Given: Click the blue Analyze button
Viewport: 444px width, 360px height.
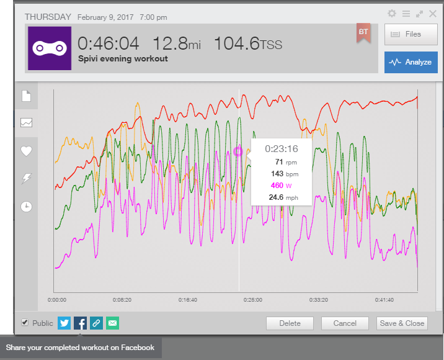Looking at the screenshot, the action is coord(411,62).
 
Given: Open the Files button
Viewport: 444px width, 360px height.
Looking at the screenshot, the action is coord(411,34).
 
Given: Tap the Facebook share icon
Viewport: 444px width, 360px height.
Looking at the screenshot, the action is coord(80,323).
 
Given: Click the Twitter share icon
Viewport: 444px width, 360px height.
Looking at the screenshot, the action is coord(64,323).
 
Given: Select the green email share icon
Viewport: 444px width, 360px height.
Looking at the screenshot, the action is coord(112,323).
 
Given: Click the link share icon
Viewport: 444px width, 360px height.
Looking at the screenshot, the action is coord(96,323).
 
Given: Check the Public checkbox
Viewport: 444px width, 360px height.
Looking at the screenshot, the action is coord(25,322).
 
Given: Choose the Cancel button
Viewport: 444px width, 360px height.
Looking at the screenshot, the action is coord(345,323).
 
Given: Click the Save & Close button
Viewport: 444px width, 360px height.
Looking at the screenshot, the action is coord(402,323).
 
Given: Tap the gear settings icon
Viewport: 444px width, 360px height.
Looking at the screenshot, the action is coord(392,13).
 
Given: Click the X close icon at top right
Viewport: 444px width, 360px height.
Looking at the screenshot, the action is coord(433,13).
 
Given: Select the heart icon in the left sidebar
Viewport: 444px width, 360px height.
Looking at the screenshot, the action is coord(26,151).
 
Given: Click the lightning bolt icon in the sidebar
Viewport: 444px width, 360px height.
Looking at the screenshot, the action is coord(26,179).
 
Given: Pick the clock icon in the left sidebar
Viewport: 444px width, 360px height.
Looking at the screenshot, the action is coord(26,206).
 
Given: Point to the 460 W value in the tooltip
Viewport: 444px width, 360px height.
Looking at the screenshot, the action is coord(281,186).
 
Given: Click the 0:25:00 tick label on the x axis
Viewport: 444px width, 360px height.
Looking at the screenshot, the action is coord(253,300).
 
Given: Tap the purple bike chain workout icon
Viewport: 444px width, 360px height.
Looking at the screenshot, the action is coord(50,48).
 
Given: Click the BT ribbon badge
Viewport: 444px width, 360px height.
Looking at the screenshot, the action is coord(363,33).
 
